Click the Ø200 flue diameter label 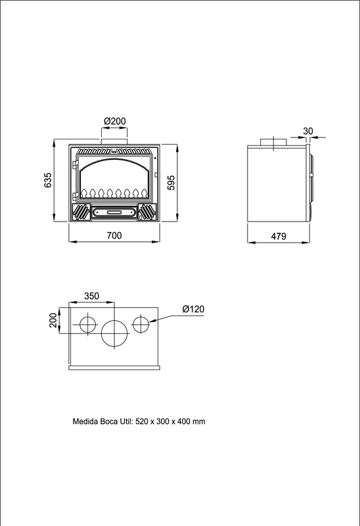115,121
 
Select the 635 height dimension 48,180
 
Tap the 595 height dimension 171,183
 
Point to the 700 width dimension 114,235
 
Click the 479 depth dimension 279,236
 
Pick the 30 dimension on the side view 307,131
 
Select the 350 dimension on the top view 91,296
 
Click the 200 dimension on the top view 53,320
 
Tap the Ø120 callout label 193,309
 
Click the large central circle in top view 115,320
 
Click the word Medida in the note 85,421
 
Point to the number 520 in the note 141,421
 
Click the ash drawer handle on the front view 114,212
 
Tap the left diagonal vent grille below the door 80,212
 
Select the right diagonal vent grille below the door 147,212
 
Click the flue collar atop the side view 274,141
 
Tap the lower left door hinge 76,195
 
